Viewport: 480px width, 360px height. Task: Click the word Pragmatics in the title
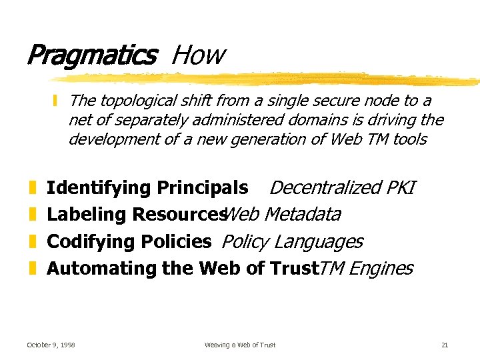[91, 55]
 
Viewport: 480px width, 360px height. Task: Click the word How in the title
[198, 55]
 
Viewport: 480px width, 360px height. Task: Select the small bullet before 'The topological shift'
[57, 101]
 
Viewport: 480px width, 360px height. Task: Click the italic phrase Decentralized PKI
[342, 188]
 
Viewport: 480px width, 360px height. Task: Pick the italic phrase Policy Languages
[292, 241]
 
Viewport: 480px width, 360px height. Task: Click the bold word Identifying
[99, 188]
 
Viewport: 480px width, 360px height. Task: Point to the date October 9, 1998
[51, 345]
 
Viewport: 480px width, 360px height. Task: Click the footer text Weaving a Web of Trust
[240, 345]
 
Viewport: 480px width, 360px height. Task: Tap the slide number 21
[445, 345]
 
